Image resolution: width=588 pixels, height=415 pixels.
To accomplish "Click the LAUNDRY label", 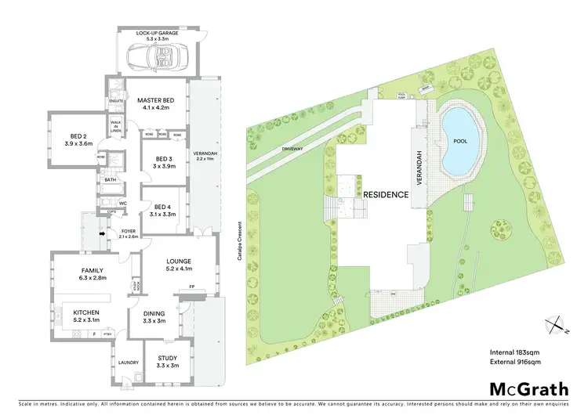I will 129,363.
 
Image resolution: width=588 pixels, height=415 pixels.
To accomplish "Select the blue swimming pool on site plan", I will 461,141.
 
